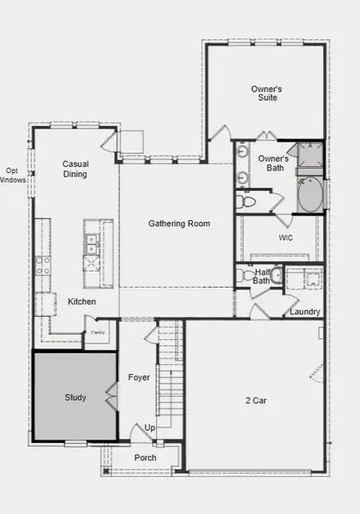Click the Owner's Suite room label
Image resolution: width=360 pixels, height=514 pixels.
[267, 93]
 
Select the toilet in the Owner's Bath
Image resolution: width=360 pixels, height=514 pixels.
[246, 202]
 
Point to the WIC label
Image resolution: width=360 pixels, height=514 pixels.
[286, 237]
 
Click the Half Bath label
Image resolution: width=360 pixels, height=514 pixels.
[263, 276]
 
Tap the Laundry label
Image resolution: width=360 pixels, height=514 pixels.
[305, 311]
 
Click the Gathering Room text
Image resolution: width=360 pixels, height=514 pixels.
[179, 224]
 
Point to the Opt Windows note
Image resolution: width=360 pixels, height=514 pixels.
[13, 175]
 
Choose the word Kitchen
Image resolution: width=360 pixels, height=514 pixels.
[82, 302]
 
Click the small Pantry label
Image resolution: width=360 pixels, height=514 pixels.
[98, 331]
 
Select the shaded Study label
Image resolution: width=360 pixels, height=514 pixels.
[75, 397]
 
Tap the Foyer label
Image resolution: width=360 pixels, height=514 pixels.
[139, 377]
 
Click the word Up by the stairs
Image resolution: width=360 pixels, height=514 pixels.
[150, 427]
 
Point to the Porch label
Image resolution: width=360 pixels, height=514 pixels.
[146, 457]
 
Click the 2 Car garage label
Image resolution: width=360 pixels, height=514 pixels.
[255, 399]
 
